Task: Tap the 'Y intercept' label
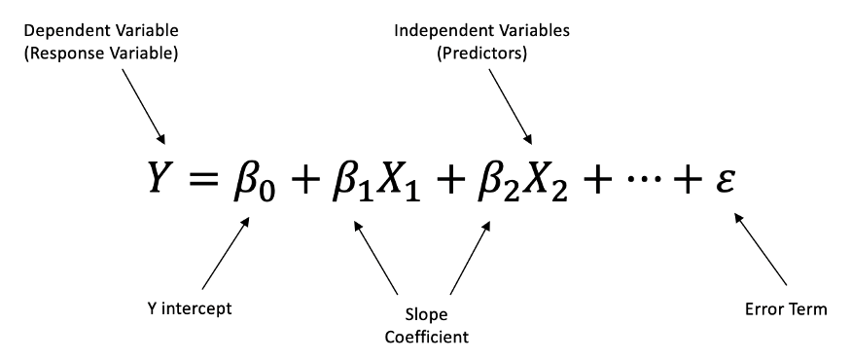(x=187, y=309)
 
